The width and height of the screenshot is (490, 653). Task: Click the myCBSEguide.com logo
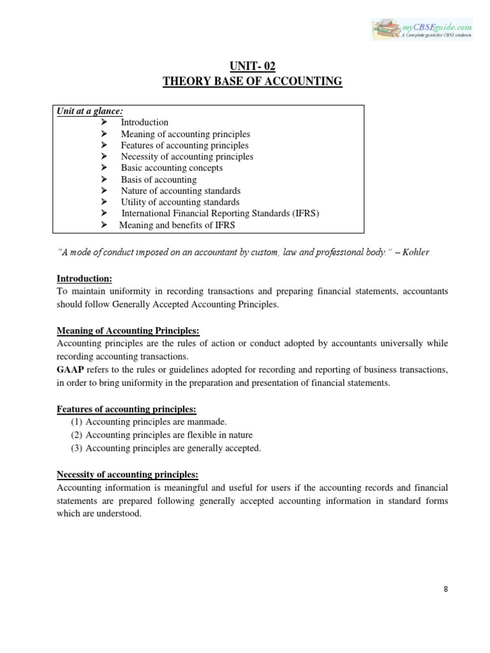[x=423, y=29]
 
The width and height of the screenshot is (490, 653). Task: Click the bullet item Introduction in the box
[x=145, y=122]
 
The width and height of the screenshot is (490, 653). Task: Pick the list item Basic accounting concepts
[x=172, y=168]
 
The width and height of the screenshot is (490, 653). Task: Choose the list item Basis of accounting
[x=159, y=180]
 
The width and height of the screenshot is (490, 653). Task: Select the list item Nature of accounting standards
[x=181, y=191]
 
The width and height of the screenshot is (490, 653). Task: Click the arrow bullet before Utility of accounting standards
[x=105, y=202]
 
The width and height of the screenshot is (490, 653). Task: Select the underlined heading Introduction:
[x=84, y=279]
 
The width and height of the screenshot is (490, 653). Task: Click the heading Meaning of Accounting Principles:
[x=128, y=330]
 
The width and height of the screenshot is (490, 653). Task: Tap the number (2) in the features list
[x=77, y=435]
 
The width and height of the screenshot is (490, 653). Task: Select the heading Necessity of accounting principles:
[x=128, y=474]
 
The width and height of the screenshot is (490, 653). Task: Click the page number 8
[x=445, y=589]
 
